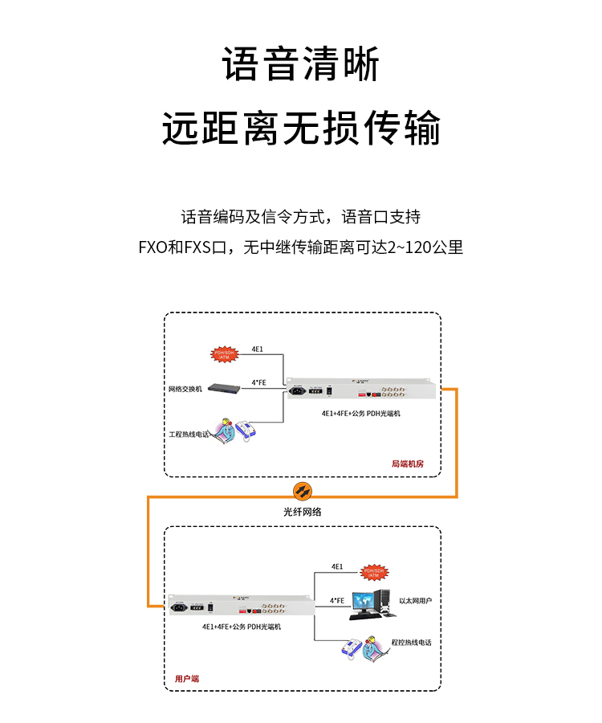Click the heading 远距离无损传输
(301, 128)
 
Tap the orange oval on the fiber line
(301, 490)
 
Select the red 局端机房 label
(407, 464)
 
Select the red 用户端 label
(187, 678)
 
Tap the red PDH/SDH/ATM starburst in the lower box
(374, 571)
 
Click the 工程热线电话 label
(189, 434)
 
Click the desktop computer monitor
(366, 601)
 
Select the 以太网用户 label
(415, 600)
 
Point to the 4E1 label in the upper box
(258, 349)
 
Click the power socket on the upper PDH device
(299, 393)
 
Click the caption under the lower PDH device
(242, 626)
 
